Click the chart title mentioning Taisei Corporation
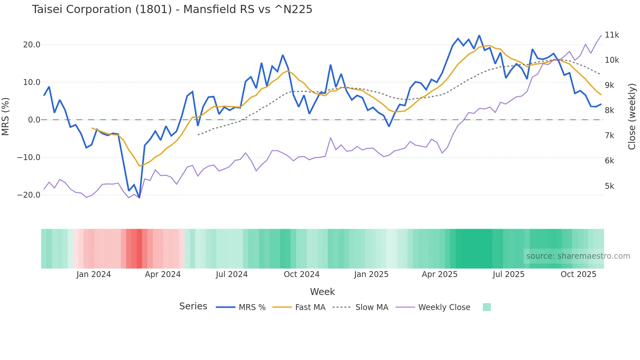tap(172, 9)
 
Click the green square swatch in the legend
tap(487, 307)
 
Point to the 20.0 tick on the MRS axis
tap(32, 45)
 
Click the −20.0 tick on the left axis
tap(29, 195)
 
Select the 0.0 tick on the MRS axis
tap(34, 120)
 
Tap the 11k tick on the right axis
tap(612, 35)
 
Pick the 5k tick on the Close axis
tap(609, 186)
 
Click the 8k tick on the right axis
tap(609, 110)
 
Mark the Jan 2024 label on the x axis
tap(94, 274)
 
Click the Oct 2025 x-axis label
tap(578, 274)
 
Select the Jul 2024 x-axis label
tap(232, 274)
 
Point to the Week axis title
tap(322, 292)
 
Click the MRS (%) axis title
tap(6, 116)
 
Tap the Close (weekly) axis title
tap(632, 116)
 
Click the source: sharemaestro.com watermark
tap(578, 256)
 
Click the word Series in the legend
tap(193, 306)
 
